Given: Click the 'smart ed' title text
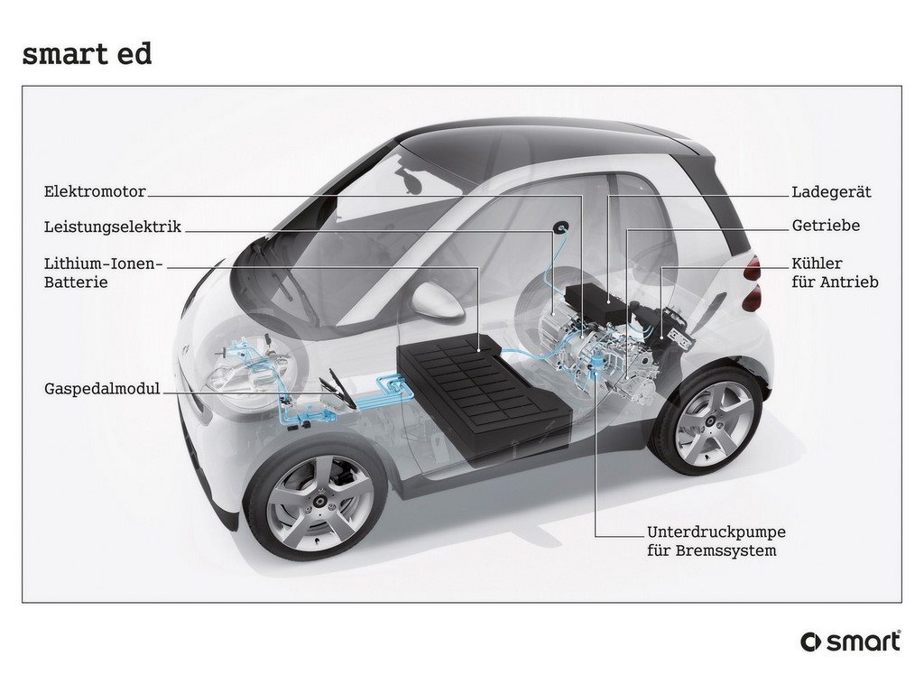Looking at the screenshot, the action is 87,54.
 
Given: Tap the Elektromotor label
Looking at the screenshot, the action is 95,191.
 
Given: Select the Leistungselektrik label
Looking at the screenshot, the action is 113,226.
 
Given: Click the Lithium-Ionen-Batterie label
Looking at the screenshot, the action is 103,273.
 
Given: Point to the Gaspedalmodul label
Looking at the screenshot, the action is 102,389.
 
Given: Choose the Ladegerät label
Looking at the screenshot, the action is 831,192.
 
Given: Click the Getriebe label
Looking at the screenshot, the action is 826,226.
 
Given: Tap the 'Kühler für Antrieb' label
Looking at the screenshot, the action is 835,273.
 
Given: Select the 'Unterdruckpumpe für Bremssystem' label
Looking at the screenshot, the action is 716,541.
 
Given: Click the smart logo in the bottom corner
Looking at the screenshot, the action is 850,642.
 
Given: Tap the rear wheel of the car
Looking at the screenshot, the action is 710,419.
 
